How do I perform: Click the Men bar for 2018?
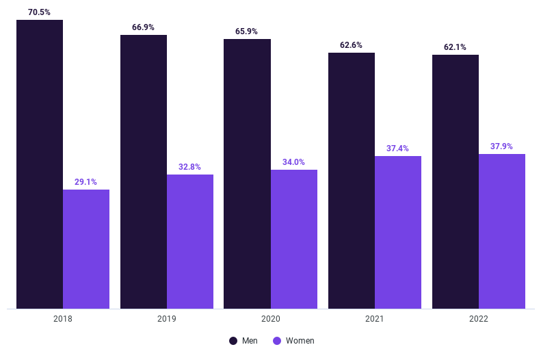pyautogui.click(x=40, y=164)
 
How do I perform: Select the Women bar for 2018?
pyautogui.click(x=86, y=249)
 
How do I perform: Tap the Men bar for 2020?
pyautogui.click(x=247, y=174)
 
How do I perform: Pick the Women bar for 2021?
pyautogui.click(x=398, y=232)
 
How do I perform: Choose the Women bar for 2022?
pyautogui.click(x=502, y=231)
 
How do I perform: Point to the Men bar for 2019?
pyautogui.click(x=144, y=172)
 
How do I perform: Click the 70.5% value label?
pyautogui.click(x=40, y=12)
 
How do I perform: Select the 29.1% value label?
pyautogui.click(x=86, y=182)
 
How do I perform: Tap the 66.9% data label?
pyautogui.click(x=144, y=27)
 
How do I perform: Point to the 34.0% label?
pyautogui.click(x=294, y=162)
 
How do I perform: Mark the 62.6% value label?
pyautogui.click(x=352, y=45)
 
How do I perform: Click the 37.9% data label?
pyautogui.click(x=502, y=146)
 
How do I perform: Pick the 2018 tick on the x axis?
pyautogui.click(x=63, y=319)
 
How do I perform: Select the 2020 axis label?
pyautogui.click(x=270, y=319)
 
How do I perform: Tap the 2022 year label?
pyautogui.click(x=478, y=319)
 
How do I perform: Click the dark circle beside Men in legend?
pyautogui.click(x=233, y=341)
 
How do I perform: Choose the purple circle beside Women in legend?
pyautogui.click(x=277, y=341)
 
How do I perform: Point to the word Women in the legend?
pyautogui.click(x=300, y=341)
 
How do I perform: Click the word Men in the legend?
pyautogui.click(x=250, y=341)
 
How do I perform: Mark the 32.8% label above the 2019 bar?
pyautogui.click(x=190, y=167)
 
